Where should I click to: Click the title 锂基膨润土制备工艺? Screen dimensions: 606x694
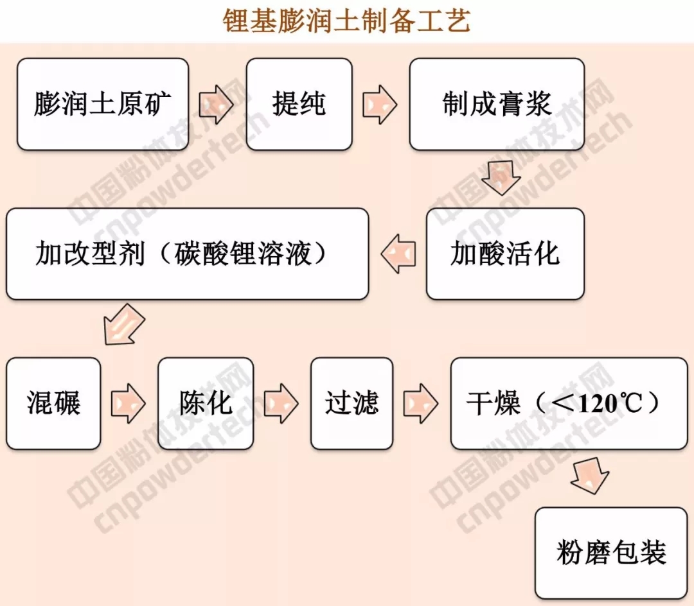pos(346,21)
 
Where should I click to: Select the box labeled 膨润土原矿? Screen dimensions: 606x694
pos(103,104)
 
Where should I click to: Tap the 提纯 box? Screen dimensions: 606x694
pos(299,104)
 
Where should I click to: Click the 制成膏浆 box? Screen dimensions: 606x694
pos(496,104)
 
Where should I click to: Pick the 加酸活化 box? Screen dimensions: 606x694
pos(505,254)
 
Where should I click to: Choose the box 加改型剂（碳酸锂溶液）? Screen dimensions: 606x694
pos(187,254)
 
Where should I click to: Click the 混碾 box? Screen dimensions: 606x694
pos(53,403)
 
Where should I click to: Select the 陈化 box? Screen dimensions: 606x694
pos(206,403)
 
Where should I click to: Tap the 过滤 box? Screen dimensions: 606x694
pos(351,403)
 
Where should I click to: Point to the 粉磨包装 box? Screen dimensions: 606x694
pos(611,553)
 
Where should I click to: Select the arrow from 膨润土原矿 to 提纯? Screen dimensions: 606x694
pos(217,105)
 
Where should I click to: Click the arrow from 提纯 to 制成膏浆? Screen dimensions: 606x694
pos(380,105)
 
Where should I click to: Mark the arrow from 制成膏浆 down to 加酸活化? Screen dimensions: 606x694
pos(502,178)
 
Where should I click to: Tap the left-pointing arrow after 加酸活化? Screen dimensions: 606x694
pos(398,254)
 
